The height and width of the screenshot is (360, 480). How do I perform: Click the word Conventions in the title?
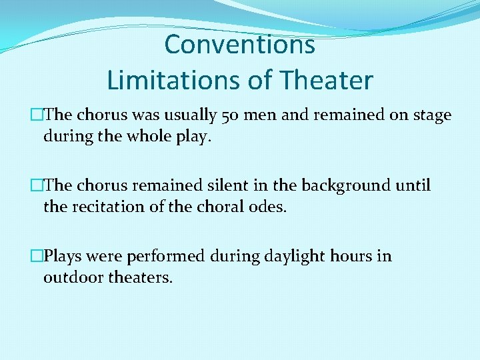pos(239,45)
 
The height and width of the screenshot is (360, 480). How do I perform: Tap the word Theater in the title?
pos(327,81)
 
